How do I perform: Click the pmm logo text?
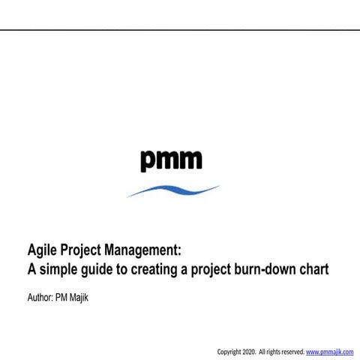(171, 160)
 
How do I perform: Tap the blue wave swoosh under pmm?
(173, 190)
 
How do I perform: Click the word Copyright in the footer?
(229, 351)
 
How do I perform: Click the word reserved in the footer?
(290, 351)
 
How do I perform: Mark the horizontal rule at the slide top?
(180, 31)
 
